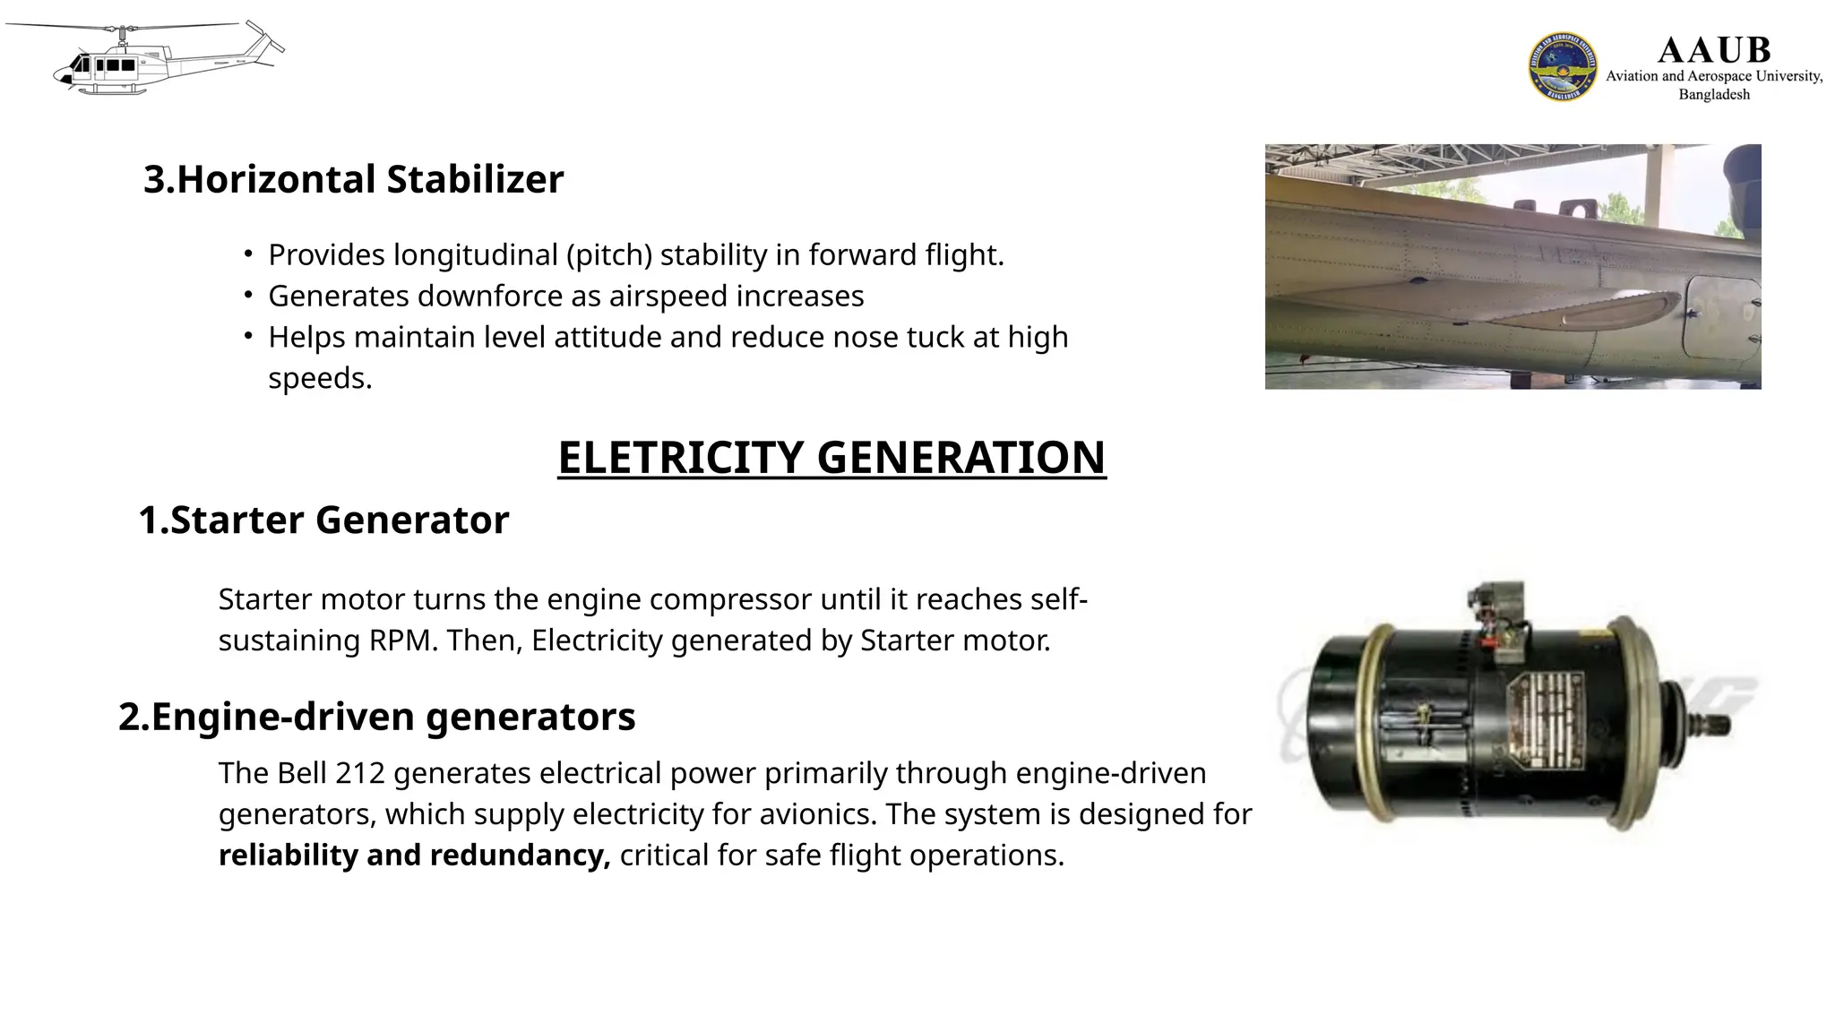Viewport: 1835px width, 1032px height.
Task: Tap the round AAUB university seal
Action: click(x=1563, y=66)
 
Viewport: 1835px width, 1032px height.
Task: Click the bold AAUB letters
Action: click(x=1714, y=50)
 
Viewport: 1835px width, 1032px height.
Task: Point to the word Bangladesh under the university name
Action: click(x=1714, y=95)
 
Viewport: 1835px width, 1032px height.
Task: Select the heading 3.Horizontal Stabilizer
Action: click(x=353, y=179)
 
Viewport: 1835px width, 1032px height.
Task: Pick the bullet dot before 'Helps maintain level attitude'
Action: click(x=248, y=337)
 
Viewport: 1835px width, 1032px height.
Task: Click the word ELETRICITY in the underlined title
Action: click(x=680, y=458)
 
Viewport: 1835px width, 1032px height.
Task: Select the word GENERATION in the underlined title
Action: click(x=961, y=458)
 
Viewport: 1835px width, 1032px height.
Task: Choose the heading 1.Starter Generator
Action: click(x=323, y=520)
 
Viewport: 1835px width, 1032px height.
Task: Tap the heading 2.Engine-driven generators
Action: click(x=376, y=718)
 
